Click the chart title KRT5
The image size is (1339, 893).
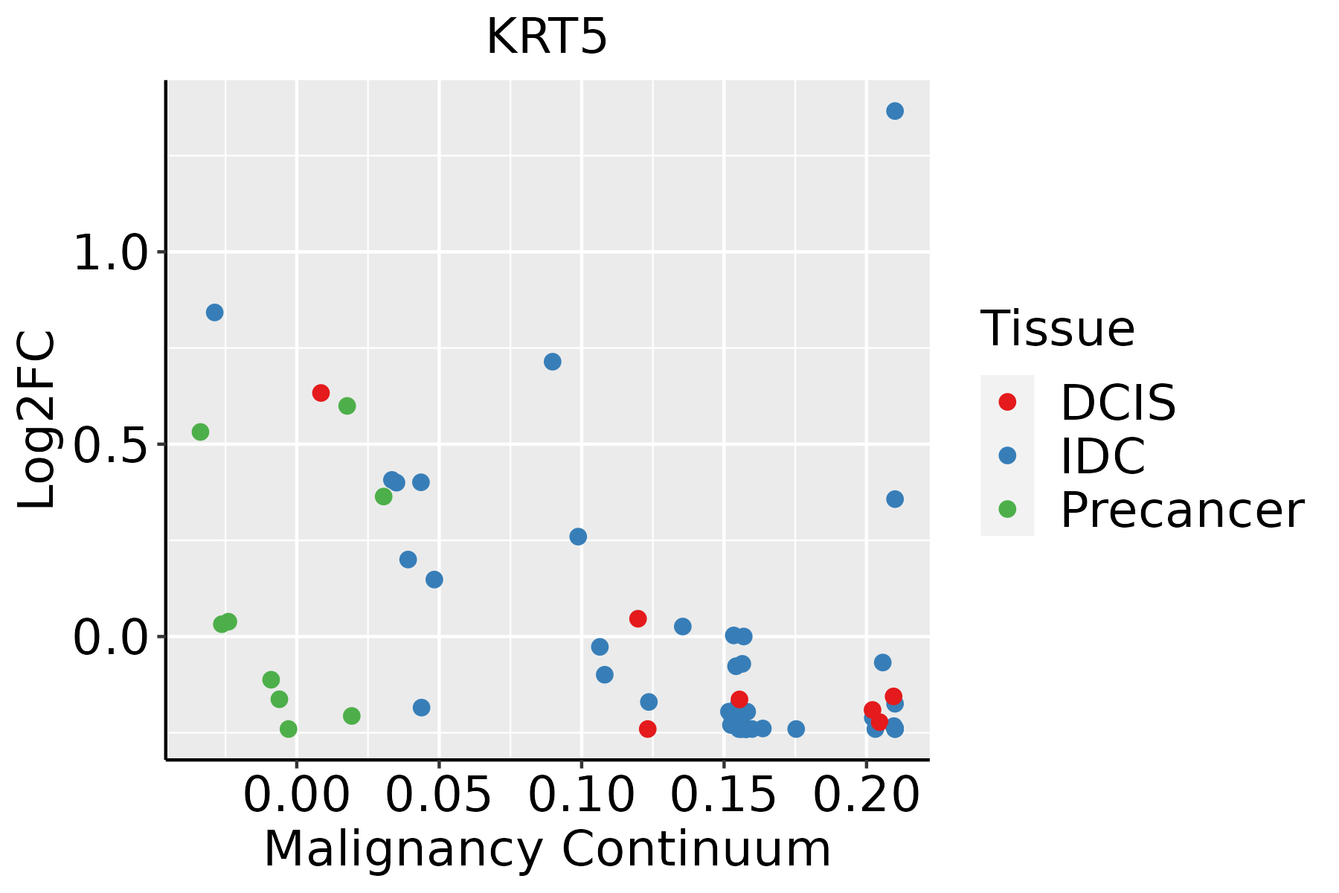click(547, 37)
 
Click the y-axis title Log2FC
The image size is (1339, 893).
click(37, 420)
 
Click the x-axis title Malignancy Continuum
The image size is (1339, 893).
click(547, 850)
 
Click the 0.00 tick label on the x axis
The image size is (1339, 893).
click(296, 795)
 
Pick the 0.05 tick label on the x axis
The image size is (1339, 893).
click(439, 795)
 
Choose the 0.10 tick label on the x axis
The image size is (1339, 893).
click(581, 795)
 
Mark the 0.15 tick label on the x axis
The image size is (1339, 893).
click(724, 795)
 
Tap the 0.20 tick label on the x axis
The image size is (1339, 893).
click(866, 795)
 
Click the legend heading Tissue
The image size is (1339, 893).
click(1058, 328)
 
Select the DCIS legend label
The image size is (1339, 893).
click(1117, 403)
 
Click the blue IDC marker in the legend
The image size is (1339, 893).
click(1007, 455)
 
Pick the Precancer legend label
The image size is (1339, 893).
click(1181, 510)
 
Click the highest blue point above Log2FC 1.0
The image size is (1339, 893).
click(895, 111)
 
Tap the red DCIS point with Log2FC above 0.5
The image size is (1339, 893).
click(321, 393)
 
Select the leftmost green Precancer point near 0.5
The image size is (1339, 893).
click(200, 432)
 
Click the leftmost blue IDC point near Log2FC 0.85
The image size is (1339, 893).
click(214, 313)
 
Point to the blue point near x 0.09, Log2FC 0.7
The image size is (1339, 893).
click(552, 362)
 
